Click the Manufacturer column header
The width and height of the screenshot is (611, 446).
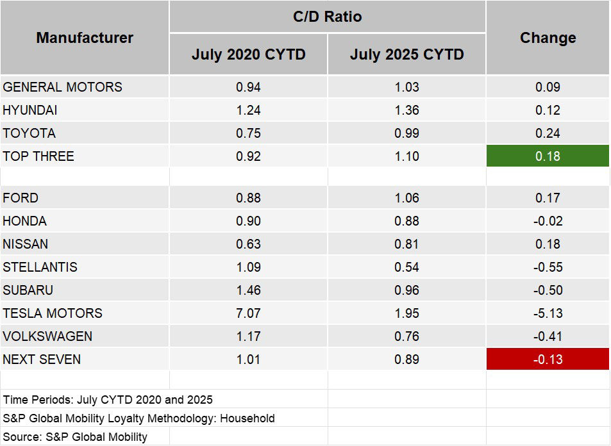pyautogui.click(x=85, y=38)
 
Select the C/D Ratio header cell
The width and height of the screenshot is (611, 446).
pyautogui.click(x=327, y=17)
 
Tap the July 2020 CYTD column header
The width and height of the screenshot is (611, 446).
pyautogui.click(x=248, y=54)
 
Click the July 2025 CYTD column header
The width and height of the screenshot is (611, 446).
pyautogui.click(x=406, y=54)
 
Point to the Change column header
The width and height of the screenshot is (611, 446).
pyautogui.click(x=548, y=38)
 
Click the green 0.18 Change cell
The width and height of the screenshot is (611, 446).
pyautogui.click(x=548, y=156)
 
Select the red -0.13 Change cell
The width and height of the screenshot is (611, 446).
pyautogui.click(x=548, y=359)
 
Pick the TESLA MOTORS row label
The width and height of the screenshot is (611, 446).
pyautogui.click(x=53, y=313)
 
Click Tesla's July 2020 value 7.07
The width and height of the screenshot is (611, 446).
pyautogui.click(x=248, y=313)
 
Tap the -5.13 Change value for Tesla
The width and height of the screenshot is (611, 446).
pyautogui.click(x=548, y=313)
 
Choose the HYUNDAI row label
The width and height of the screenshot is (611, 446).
pyautogui.click(x=30, y=110)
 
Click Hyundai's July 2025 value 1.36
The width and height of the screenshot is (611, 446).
pyautogui.click(x=406, y=110)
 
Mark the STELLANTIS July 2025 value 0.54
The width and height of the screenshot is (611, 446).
pyautogui.click(x=406, y=267)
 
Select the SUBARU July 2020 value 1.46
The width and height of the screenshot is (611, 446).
pyautogui.click(x=248, y=290)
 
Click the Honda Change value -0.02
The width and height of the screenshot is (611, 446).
pyautogui.click(x=548, y=221)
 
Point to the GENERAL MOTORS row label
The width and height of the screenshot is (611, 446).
pyautogui.click(x=62, y=87)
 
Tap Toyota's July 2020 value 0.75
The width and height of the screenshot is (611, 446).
pyautogui.click(x=248, y=133)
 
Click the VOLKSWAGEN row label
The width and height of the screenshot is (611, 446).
pyautogui.click(x=47, y=336)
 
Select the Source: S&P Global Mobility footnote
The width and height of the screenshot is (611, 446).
pyautogui.click(x=75, y=437)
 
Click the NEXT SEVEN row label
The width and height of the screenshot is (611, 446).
pyautogui.click(x=42, y=359)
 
